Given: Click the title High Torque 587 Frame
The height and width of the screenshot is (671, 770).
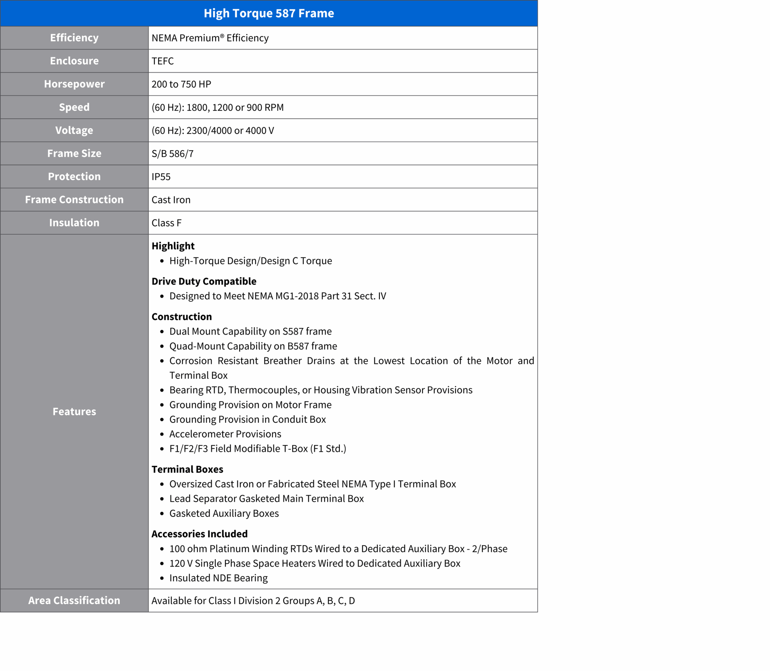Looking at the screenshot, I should coord(269,13).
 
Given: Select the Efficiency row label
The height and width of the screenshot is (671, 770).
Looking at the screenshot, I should coord(74,38).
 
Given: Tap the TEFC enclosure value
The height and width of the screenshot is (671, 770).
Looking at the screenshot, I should coord(162,61).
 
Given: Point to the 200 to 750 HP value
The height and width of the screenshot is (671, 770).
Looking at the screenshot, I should coord(181,84).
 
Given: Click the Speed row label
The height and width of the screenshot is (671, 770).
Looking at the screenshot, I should coord(74,107).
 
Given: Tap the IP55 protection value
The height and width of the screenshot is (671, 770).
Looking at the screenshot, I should coord(161,177).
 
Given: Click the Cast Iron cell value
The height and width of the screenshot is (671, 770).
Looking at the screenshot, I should coord(171,200).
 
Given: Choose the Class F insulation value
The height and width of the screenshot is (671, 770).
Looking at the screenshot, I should coord(166,223).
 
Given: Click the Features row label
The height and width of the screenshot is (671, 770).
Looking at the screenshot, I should coord(74,412).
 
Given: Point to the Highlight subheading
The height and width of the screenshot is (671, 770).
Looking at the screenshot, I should coord(173,246).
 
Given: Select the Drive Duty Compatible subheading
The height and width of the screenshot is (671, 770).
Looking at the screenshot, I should coord(204,281).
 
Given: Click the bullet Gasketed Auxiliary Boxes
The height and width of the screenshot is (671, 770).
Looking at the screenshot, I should coord(224,513).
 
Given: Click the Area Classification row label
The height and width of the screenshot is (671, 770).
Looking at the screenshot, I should coord(74,601).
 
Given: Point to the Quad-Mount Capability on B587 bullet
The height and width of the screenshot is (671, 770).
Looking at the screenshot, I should coord(253,346).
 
